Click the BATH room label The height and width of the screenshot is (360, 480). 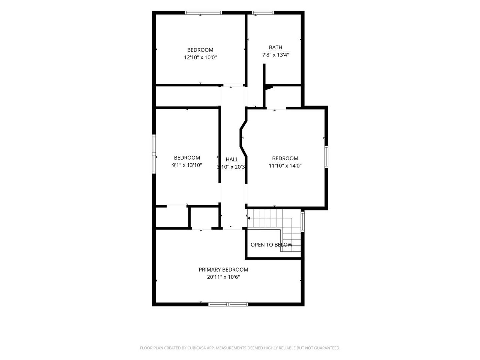click(275, 47)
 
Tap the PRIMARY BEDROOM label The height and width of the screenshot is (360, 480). click(223, 270)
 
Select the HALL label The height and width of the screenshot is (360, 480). click(232, 159)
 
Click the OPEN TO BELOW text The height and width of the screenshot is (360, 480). click(271, 245)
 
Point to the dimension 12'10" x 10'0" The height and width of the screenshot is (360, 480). click(200, 57)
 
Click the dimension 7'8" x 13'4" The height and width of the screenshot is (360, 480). click(276, 55)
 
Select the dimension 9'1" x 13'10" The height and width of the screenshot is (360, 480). click(187, 165)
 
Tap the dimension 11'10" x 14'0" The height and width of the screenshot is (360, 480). click(285, 166)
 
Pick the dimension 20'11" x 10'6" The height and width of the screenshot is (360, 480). click(223, 277)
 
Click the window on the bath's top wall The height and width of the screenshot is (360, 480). click(263, 13)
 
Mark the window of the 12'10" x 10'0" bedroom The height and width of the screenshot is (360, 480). click(203, 13)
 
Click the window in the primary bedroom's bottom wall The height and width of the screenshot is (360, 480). click(228, 304)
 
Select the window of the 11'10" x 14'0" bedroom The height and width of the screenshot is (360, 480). click(326, 157)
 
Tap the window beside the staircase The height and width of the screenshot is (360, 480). click(303, 221)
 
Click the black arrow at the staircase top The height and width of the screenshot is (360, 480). click(249, 218)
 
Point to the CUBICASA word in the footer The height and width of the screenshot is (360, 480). click(196, 348)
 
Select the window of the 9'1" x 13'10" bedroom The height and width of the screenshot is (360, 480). click(154, 154)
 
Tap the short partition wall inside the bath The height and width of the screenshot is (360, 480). click(264, 74)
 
